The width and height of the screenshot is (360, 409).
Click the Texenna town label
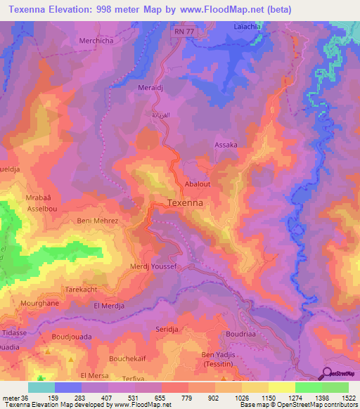186,203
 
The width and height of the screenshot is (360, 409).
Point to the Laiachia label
247,27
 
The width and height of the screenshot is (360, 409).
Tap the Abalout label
199,184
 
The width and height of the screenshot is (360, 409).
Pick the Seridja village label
169,329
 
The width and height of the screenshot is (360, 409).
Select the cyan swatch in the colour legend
41,387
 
